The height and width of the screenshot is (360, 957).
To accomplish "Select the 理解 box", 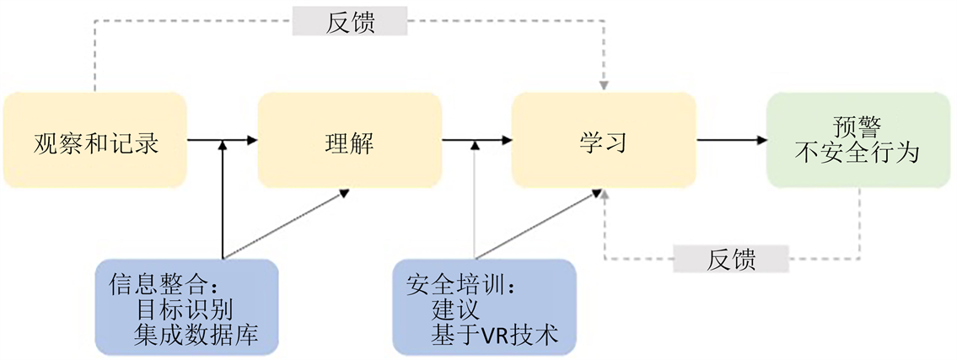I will click(349, 141).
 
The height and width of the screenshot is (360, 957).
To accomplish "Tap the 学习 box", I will click(604, 141).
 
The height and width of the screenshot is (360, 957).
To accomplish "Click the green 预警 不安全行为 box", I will click(858, 141).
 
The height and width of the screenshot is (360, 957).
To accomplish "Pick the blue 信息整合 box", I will click(186, 307).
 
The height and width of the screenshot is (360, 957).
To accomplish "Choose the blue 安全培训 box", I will click(484, 307).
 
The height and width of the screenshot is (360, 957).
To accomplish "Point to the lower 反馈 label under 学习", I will click(730, 260).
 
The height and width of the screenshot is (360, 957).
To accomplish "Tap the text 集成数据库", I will click(196, 335).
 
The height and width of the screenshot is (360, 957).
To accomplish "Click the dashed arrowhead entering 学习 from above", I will click(604, 85).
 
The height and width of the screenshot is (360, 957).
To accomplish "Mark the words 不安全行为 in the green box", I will click(858, 155).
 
